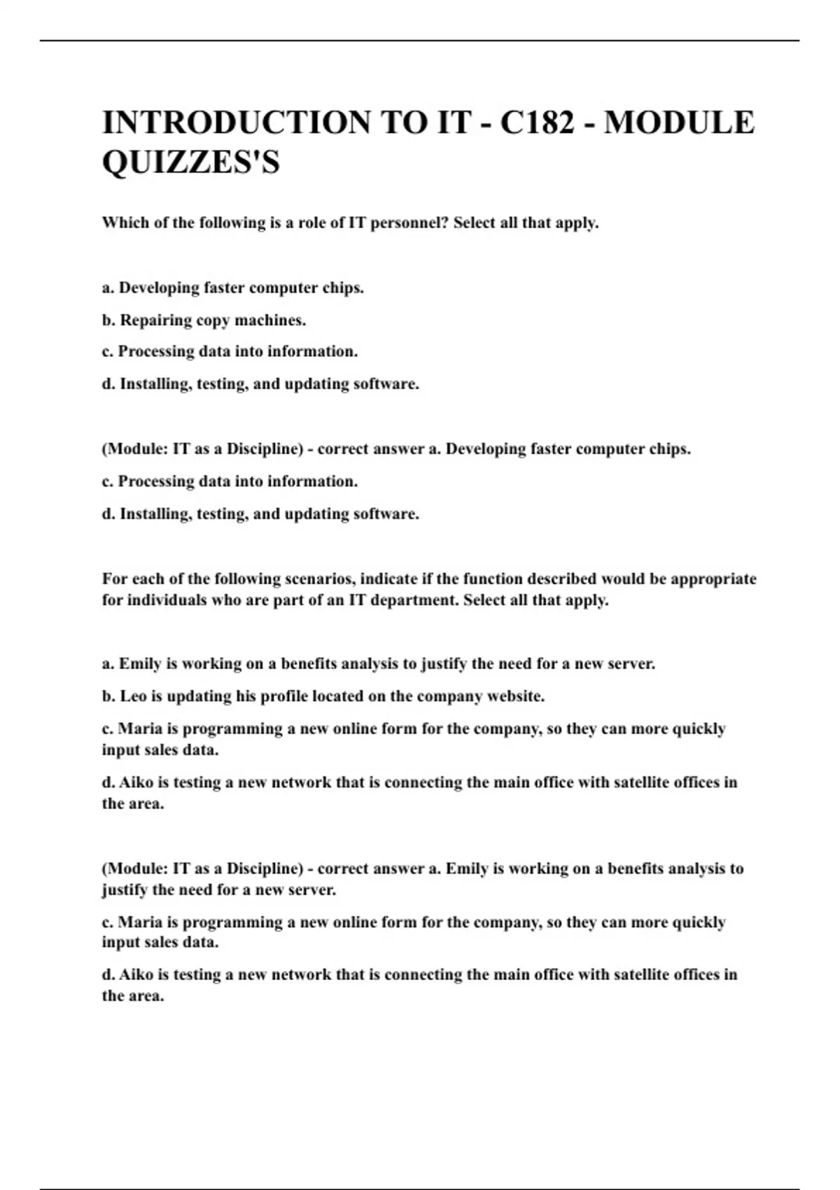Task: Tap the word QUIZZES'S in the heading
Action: (x=191, y=162)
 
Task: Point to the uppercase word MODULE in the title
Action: (x=679, y=122)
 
